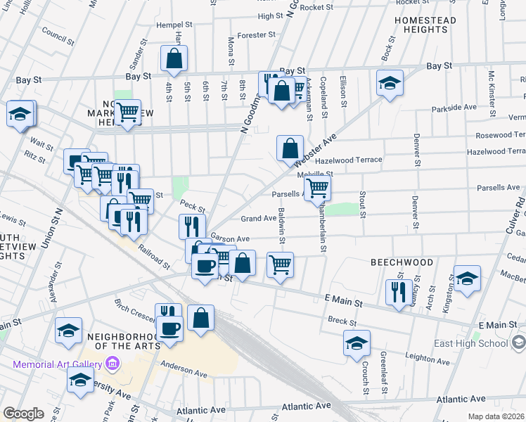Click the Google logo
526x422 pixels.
point(23,414)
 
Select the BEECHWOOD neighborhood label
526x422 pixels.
point(402,262)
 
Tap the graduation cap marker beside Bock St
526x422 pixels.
point(390,84)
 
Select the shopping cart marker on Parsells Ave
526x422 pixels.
point(318,187)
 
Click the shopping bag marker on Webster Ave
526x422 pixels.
point(290,148)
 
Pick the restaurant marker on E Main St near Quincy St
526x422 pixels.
point(399,291)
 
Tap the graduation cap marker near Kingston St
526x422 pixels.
point(467,279)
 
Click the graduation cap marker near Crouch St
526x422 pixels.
point(357,343)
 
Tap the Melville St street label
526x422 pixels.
point(315,174)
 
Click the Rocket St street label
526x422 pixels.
point(316,7)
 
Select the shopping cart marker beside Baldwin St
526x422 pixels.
point(280,265)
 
